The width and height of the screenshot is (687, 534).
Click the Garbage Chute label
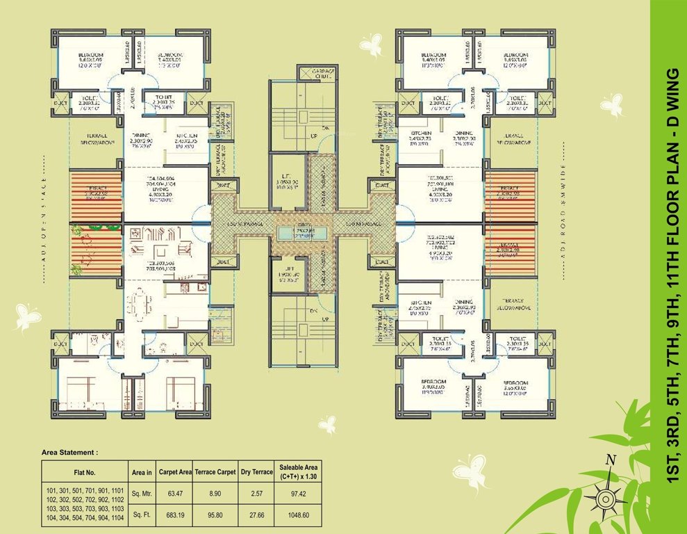317,74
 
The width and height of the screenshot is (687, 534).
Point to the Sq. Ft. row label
142,516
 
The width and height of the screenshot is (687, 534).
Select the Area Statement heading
70,452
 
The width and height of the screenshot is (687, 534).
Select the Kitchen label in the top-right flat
421,136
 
